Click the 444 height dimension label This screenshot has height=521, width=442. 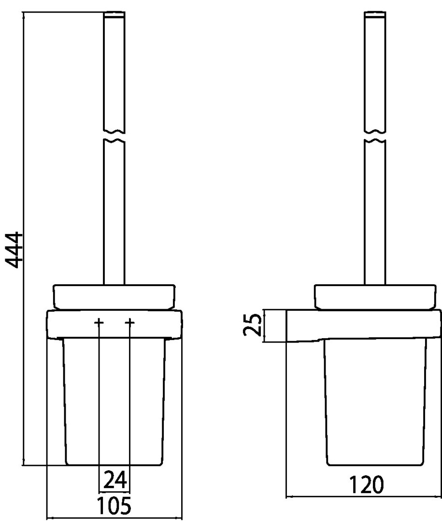(x=14, y=250)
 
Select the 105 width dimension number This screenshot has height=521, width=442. (x=114, y=506)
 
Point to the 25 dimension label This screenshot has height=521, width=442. (x=252, y=325)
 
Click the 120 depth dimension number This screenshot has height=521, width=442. (x=366, y=485)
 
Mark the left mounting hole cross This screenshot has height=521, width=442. (x=99, y=322)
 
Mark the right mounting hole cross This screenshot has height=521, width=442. (x=130, y=322)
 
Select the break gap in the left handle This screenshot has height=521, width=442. (x=114, y=136)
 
